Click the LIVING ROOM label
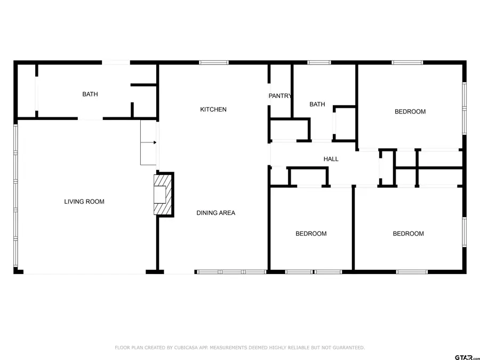point(84,202)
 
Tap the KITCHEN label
point(213,109)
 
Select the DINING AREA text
point(215,213)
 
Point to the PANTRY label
point(280,96)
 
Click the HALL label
point(331,159)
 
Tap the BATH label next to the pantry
point(317,105)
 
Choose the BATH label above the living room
point(90,94)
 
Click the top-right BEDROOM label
point(410,111)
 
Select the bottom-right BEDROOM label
point(408,234)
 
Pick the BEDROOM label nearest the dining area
point(311,234)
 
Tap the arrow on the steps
point(153,142)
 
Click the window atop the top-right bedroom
point(407,63)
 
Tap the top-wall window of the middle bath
point(319,63)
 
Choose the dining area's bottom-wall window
point(231,272)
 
